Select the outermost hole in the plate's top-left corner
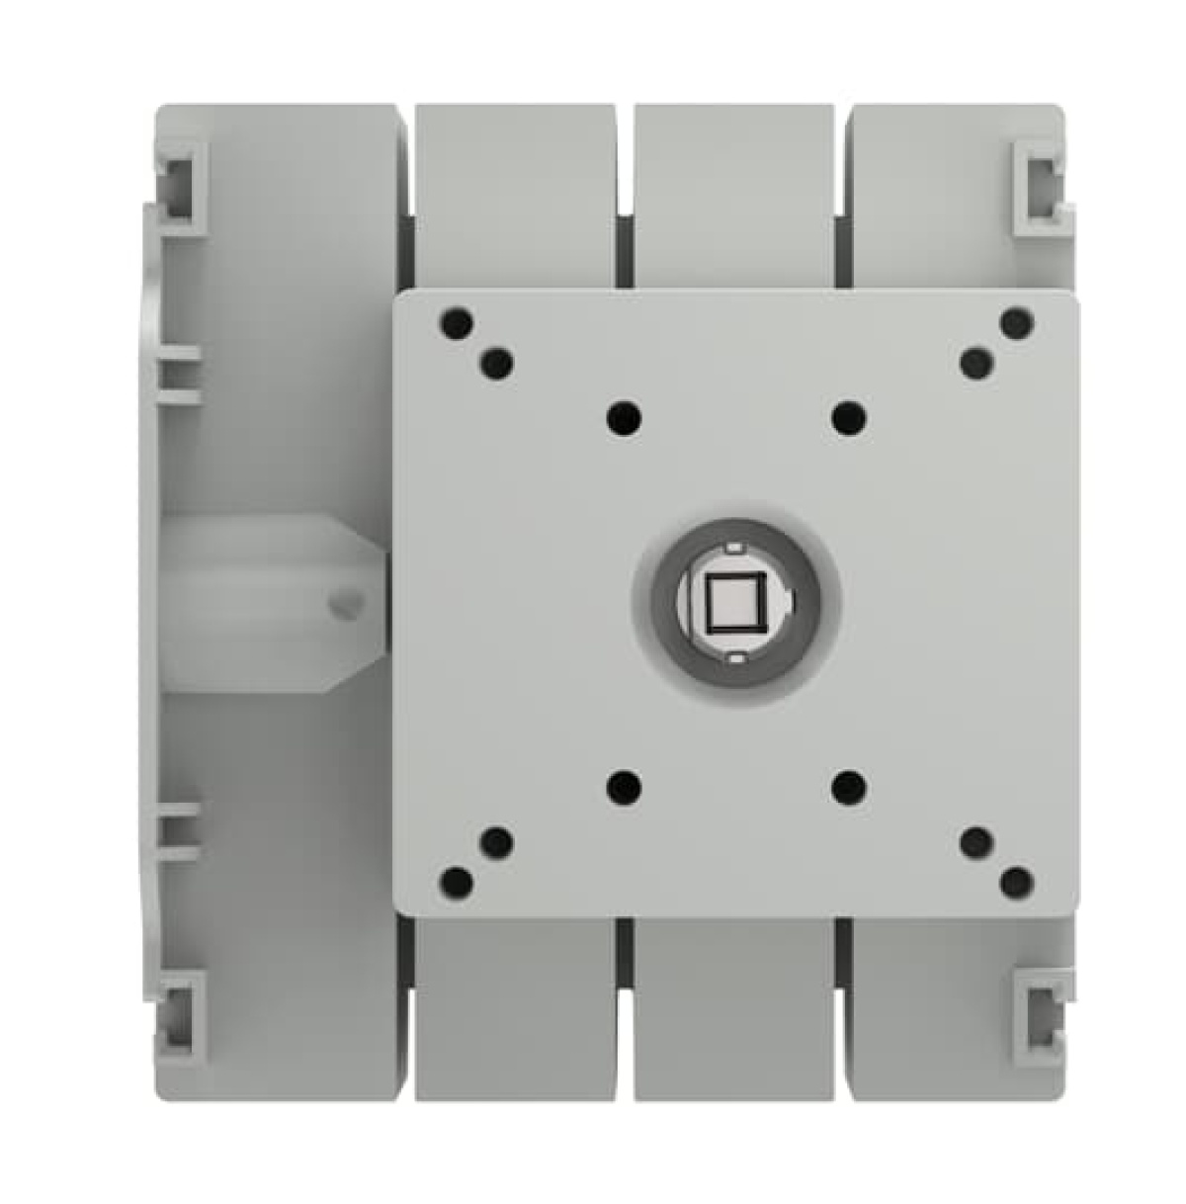click(456, 323)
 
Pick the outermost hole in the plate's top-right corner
click(1016, 323)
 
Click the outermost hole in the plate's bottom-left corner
click(456, 882)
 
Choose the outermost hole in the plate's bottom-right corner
click(1016, 882)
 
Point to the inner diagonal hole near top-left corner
click(496, 364)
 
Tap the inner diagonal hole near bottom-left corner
click(496, 842)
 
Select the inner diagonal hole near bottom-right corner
click(976, 842)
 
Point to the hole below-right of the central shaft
click(848, 788)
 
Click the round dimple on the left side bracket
click(345, 601)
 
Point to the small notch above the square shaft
click(733, 548)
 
